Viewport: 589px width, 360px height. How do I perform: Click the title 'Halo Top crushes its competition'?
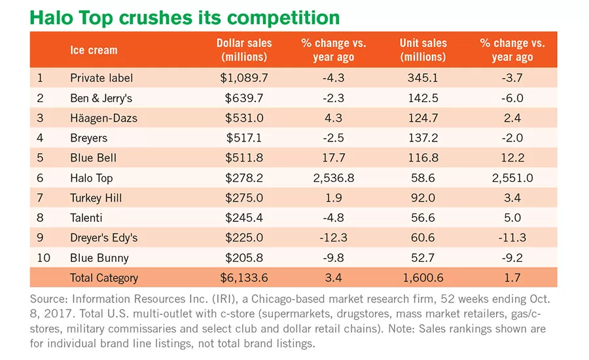point(185,18)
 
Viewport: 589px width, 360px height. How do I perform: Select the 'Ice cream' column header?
point(94,50)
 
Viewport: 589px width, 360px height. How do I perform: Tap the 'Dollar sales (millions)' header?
point(244,50)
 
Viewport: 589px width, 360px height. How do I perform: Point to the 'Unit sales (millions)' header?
point(423,50)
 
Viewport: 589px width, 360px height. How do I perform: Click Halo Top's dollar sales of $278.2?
point(244,178)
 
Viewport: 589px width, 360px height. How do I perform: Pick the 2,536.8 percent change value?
point(334,178)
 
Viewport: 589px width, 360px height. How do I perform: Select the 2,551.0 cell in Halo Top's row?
point(512,178)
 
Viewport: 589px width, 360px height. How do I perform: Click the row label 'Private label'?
point(101,78)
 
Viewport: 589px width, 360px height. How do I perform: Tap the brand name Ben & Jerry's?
point(101,98)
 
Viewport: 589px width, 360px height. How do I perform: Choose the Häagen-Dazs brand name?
point(103,118)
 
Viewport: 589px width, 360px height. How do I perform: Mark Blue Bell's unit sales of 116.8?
point(423,158)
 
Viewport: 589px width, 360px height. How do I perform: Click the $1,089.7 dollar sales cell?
point(244,78)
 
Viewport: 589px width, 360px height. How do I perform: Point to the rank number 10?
point(44,258)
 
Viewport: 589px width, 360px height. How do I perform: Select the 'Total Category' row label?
point(104,278)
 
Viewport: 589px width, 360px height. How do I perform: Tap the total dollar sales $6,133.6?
point(244,278)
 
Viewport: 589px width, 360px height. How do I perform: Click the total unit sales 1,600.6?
point(423,278)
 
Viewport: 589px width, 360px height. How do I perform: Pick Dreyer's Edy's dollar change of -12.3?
point(334,238)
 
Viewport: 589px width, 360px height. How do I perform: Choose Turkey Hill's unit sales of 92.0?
point(423,198)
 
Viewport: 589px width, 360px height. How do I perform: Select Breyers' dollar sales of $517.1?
point(244,138)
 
